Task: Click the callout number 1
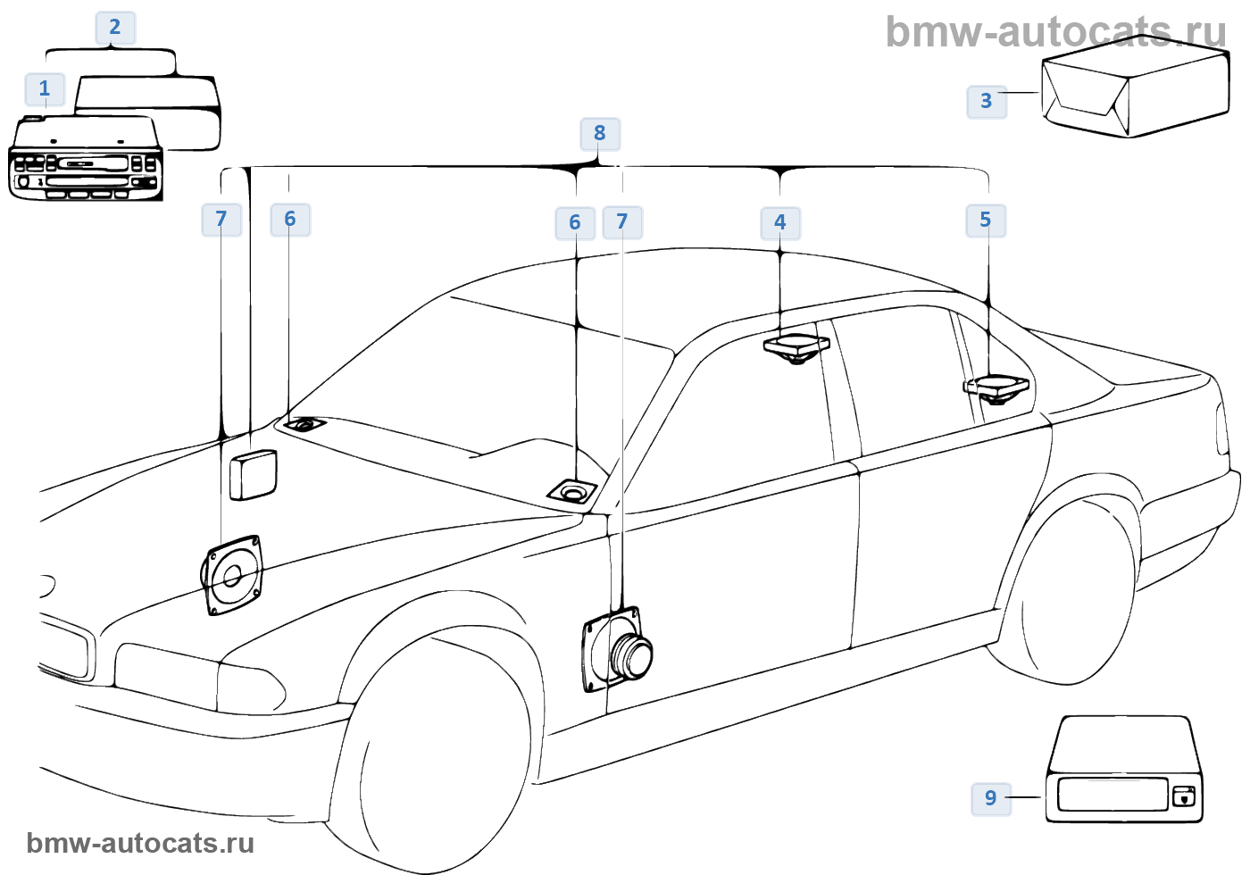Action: click(44, 89)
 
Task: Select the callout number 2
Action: click(115, 28)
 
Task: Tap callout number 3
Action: click(987, 101)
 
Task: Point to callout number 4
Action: click(780, 222)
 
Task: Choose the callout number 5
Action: click(986, 221)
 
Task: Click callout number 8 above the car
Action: click(600, 134)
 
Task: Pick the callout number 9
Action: click(991, 797)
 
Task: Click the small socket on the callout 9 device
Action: click(1183, 795)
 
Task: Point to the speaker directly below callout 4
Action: click(796, 348)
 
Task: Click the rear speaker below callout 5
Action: click(996, 389)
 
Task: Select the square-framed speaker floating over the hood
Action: click(233, 575)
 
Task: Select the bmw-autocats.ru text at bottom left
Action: click(141, 843)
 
